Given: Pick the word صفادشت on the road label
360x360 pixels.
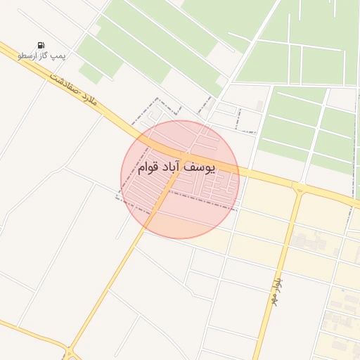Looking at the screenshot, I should coord(64,83).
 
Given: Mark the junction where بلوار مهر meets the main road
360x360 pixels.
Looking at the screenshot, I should coord(300,188).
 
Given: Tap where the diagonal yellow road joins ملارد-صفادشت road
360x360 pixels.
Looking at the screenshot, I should coord(184,155).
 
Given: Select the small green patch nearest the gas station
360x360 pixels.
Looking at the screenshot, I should coord(90,72).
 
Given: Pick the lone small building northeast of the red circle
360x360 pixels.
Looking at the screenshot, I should coord(260,105).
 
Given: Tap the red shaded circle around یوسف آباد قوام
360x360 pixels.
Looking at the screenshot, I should coord(179,211).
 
